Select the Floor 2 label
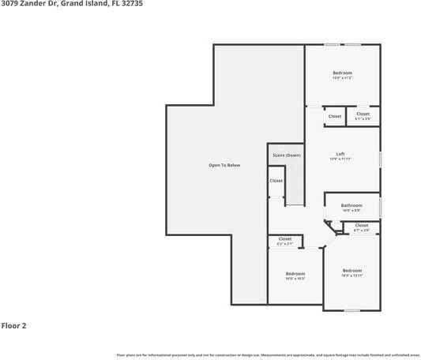13,325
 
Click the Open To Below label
224,165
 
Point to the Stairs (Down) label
287,155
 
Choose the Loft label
340,154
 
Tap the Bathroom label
351,205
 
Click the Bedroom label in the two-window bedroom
342,73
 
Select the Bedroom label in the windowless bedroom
295,274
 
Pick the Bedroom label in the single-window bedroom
351,271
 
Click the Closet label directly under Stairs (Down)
276,181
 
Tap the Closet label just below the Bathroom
361,226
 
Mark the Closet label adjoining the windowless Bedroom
284,239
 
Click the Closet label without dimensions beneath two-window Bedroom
335,116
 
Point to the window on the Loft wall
380,159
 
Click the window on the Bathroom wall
380,208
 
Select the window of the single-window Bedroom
351,309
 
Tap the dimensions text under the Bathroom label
351,211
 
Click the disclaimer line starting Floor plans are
269,354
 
